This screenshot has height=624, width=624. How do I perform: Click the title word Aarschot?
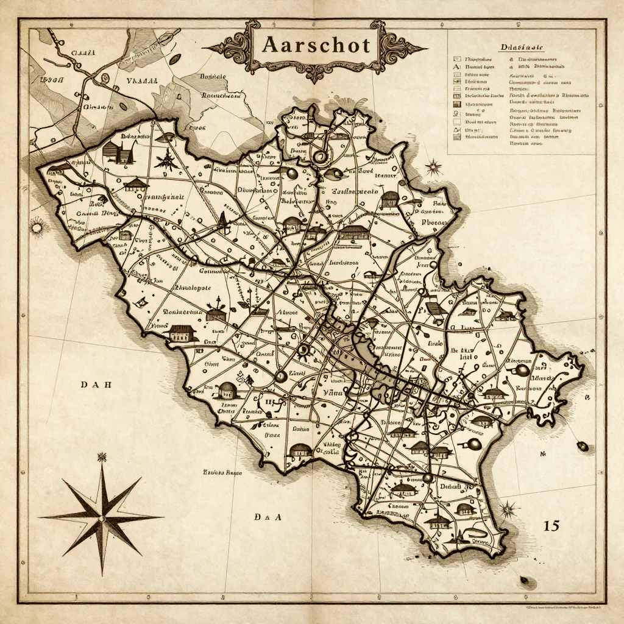pos(316,45)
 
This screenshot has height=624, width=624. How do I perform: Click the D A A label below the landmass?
pos(268,517)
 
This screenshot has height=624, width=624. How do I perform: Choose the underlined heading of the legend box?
pos(521,48)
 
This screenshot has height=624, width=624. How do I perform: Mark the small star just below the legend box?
pos(433,166)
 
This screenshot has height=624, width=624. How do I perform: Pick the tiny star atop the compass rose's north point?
pos(101,456)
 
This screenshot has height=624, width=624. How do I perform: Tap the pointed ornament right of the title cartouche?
pos(413,48)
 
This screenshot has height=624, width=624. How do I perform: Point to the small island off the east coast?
pos(583,447)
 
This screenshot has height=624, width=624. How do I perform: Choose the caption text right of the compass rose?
pos(222,472)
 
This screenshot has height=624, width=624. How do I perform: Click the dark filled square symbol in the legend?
pos(455,104)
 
